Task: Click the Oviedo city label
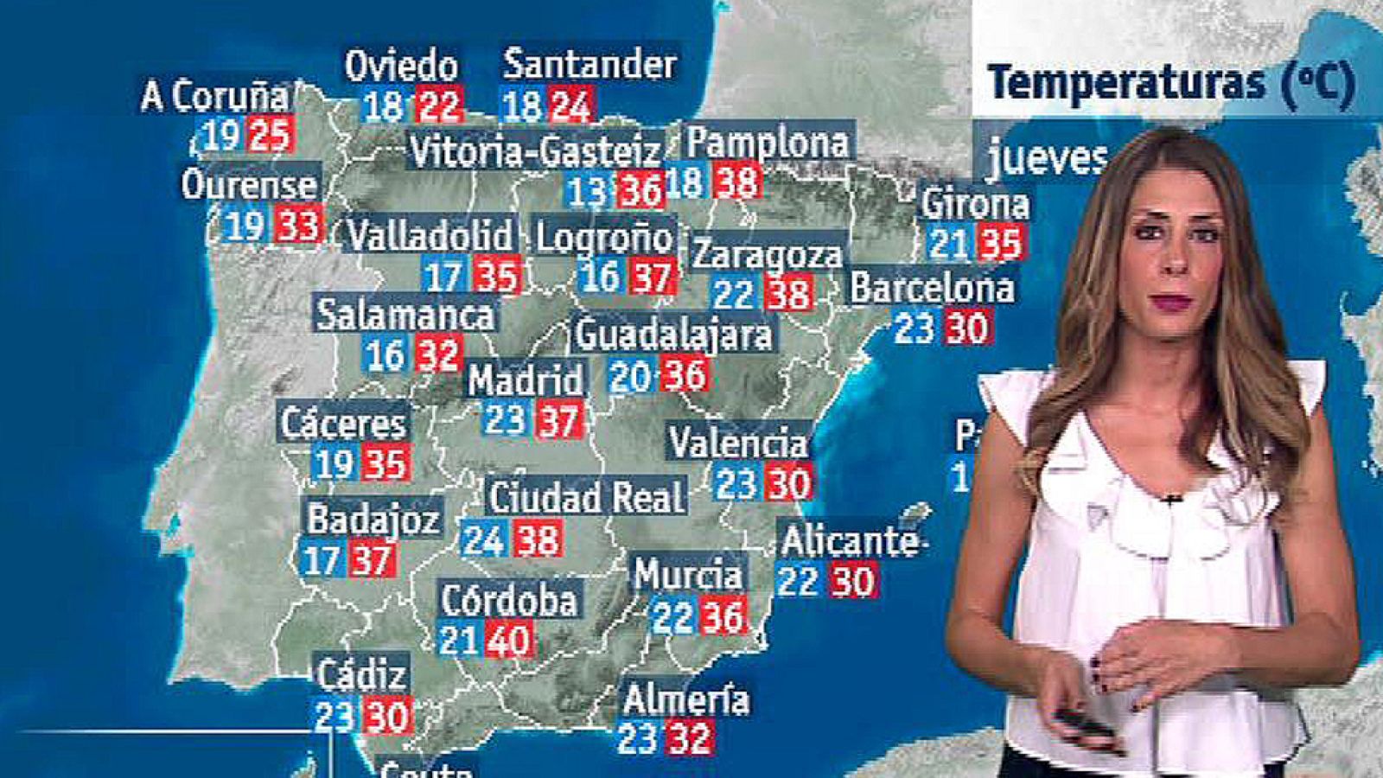tap(401, 67)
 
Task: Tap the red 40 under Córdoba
tap(508, 641)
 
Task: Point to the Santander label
tap(590, 64)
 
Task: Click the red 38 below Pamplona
tap(737, 182)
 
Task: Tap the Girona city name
tap(975, 205)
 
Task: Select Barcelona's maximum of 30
tap(967, 328)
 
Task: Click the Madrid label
tap(526, 380)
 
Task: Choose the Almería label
tap(686, 699)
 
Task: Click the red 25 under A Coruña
tap(271, 136)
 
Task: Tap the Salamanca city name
tap(405, 315)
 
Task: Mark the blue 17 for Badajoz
tap(322, 560)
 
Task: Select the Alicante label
tap(850, 541)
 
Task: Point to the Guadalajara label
tap(673, 335)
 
